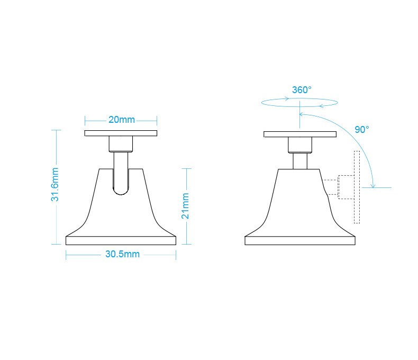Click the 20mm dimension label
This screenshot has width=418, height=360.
(x=121, y=120)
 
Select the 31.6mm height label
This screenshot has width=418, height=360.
(x=56, y=184)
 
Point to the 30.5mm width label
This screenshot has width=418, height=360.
(x=122, y=254)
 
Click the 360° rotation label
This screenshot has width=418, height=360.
(x=302, y=90)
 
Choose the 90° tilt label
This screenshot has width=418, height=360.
(x=362, y=130)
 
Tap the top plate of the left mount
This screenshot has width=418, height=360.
(x=121, y=133)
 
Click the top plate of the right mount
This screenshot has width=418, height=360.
(x=300, y=133)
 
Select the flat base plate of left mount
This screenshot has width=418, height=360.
(x=121, y=240)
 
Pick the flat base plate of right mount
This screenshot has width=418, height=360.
(x=300, y=240)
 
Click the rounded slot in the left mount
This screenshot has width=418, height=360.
(x=121, y=180)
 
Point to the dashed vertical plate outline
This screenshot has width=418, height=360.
(x=357, y=187)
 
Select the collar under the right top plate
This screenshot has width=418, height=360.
(x=300, y=144)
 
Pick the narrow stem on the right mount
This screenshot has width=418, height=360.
(x=300, y=161)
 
